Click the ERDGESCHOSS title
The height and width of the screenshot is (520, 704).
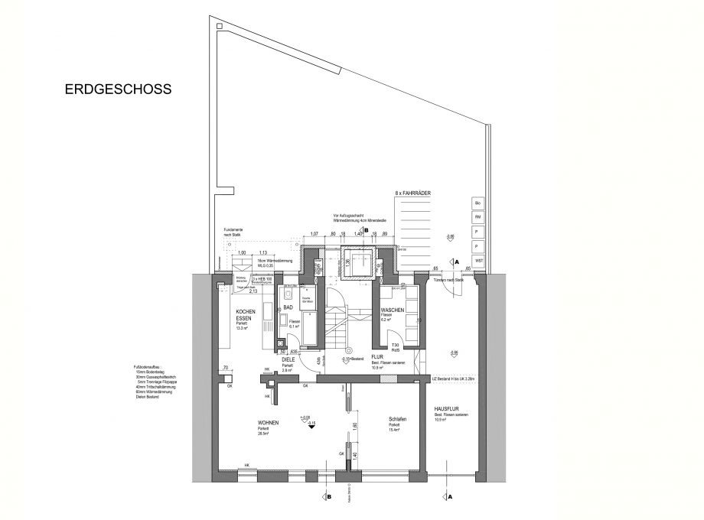tap(118, 89)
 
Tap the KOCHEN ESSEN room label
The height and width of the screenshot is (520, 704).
tap(245, 316)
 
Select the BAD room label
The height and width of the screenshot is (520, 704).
tap(288, 307)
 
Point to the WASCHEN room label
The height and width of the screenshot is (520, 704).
tap(393, 310)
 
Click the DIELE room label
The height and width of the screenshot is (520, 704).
tap(288, 359)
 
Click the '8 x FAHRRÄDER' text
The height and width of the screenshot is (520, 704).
tap(413, 194)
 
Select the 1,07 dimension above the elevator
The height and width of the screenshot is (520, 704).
tap(314, 234)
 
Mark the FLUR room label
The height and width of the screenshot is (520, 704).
tap(377, 356)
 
